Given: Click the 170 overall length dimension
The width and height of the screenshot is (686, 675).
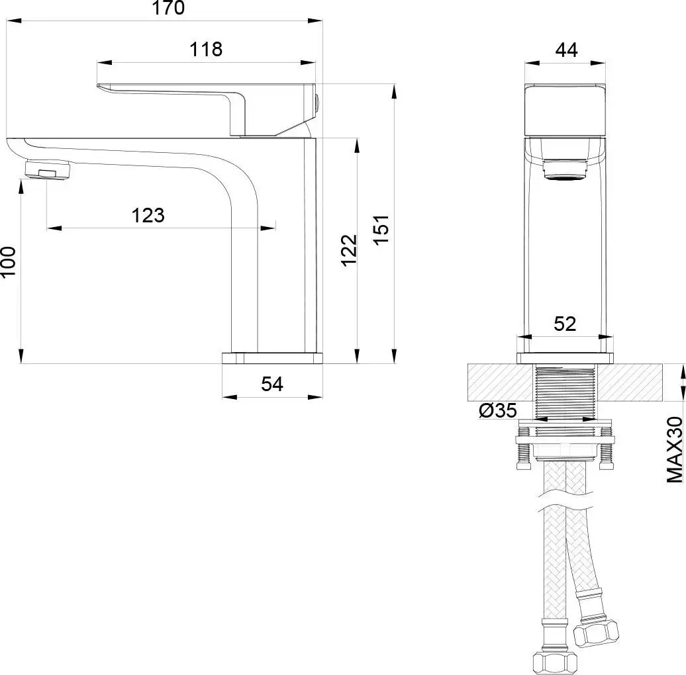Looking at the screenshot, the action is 168,8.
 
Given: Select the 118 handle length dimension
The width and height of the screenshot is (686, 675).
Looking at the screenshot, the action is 206,50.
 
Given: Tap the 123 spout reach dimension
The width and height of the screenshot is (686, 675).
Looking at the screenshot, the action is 148,216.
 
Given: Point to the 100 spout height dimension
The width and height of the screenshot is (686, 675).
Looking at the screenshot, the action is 9,261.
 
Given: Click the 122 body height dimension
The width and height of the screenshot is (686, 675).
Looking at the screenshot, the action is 349,250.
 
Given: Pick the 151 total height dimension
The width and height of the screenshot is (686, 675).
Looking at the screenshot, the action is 382,230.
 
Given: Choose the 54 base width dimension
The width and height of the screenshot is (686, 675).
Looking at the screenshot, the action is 272,384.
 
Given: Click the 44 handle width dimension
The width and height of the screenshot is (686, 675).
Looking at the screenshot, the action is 567,50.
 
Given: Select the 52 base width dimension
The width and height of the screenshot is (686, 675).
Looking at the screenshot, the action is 565,324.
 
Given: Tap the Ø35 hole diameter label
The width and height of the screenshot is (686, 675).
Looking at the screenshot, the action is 498,410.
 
